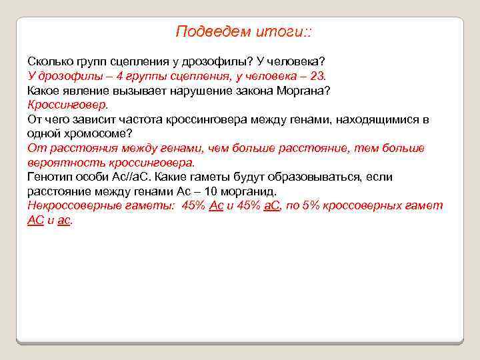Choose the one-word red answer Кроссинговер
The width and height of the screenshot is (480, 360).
point(67,105)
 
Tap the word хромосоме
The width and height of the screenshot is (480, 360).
point(98,133)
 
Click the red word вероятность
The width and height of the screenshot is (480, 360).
point(62,162)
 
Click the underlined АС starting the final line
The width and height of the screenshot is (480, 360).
point(35,220)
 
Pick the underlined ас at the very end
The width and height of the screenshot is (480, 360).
point(64,220)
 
